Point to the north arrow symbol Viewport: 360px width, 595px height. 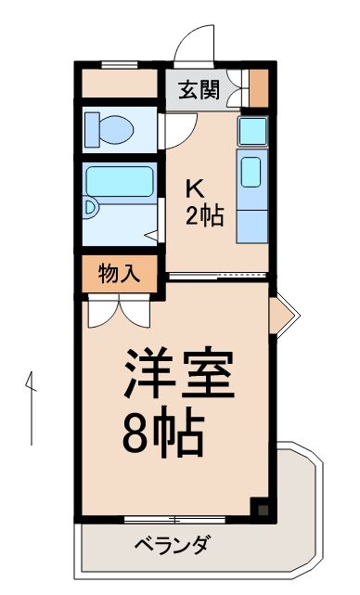[31, 408]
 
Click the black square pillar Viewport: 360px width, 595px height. [262, 507]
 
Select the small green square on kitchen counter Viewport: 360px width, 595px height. [252, 132]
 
